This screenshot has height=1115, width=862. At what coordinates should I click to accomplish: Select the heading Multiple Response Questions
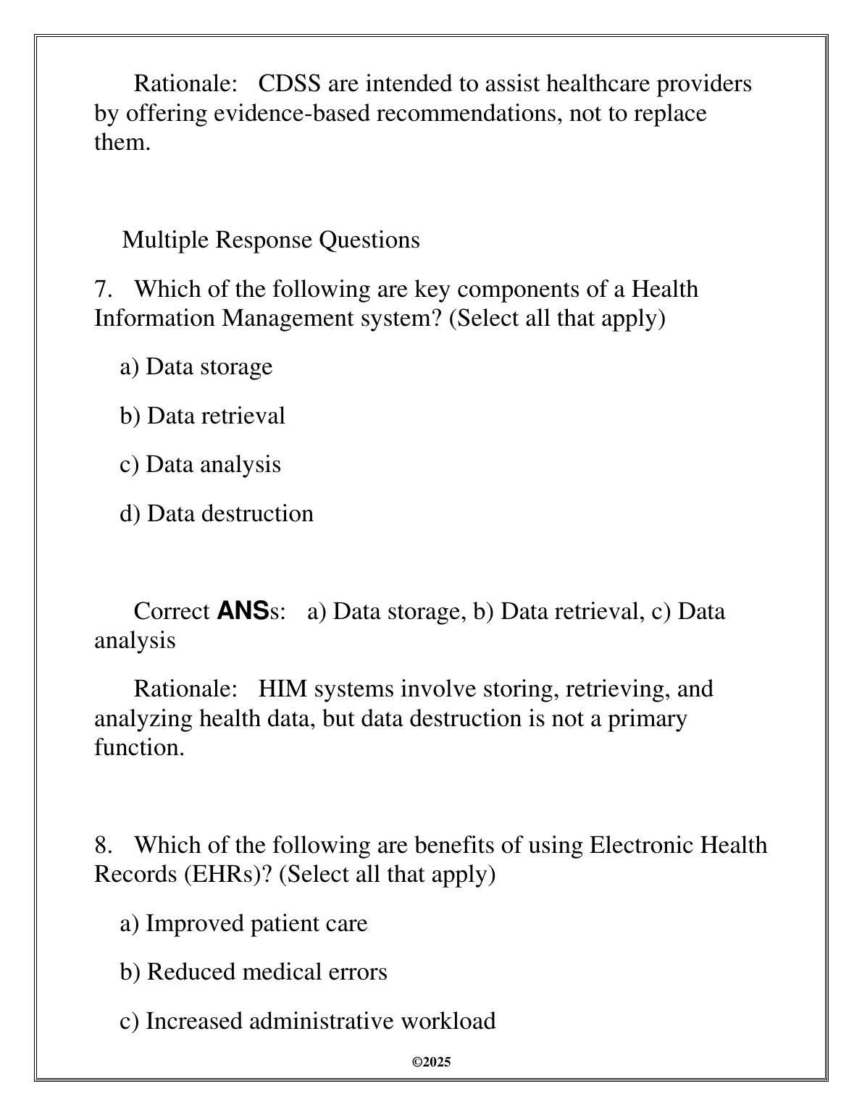tap(271, 240)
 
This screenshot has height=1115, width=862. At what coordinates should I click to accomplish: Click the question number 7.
tap(104, 290)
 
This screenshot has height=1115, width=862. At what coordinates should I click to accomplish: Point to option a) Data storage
tap(196, 367)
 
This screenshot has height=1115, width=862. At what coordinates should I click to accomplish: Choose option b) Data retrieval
tap(202, 416)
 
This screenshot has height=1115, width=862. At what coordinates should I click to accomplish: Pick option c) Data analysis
tap(200, 464)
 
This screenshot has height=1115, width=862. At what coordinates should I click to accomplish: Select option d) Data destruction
tap(217, 513)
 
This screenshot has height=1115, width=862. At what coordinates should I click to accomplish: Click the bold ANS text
tap(243, 611)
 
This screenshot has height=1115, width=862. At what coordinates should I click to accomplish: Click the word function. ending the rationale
tap(139, 747)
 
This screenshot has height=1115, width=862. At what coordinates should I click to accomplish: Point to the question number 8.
tap(104, 845)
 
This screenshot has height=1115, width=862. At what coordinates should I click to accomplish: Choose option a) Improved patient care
tap(243, 924)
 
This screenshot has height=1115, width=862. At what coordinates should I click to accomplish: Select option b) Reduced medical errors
tap(254, 972)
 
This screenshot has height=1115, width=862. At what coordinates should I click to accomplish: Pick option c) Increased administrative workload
tap(308, 1021)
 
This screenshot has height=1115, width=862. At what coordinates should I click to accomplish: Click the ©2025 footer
tap(431, 1062)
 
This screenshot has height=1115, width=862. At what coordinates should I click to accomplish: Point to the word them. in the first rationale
tap(122, 143)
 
